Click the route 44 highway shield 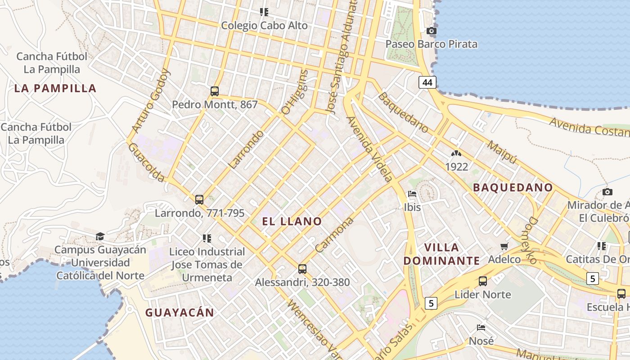(427, 82)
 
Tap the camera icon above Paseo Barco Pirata (432, 31)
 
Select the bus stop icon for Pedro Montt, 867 (215, 91)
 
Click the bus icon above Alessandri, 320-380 (302, 269)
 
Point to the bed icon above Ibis (412, 194)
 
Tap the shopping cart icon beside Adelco (504, 246)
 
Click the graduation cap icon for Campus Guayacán (100, 236)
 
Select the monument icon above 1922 (456, 154)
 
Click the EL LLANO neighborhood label (292, 221)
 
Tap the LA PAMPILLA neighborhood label (55, 88)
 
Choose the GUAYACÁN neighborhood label (180, 312)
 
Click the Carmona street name (334, 235)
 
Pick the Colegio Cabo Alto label (264, 26)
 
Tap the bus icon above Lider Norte (483, 281)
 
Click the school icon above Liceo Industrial (207, 238)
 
